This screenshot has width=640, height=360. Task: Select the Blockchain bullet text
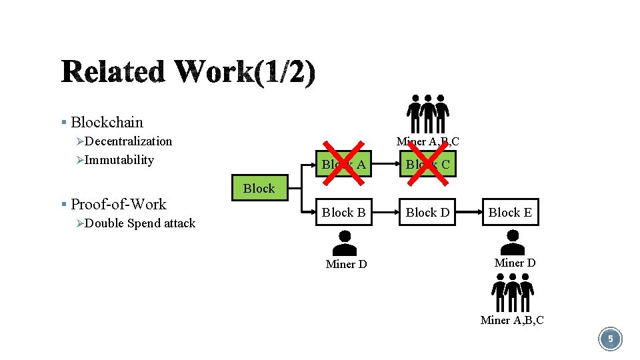coord(107,122)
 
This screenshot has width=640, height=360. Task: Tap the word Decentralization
coord(128,141)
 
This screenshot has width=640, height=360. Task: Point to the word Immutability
coord(119,160)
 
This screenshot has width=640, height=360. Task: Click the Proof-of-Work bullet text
coord(119,204)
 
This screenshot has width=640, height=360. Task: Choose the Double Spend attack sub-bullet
coord(140,223)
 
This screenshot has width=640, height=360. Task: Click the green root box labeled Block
coord(259,188)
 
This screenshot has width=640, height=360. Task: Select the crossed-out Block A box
coord(343,163)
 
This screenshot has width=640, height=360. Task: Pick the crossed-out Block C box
coord(427,163)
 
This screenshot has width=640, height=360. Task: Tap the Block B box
coord(343,212)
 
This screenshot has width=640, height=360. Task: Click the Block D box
coord(427,212)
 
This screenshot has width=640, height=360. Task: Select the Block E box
coord(510,212)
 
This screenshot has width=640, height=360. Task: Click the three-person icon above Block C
coord(427,113)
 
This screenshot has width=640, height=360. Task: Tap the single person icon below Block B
coord(345,242)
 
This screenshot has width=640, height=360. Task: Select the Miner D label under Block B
coord(346,265)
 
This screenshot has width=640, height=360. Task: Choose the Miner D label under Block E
coord(515,263)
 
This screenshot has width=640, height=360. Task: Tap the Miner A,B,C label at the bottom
coord(512,321)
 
